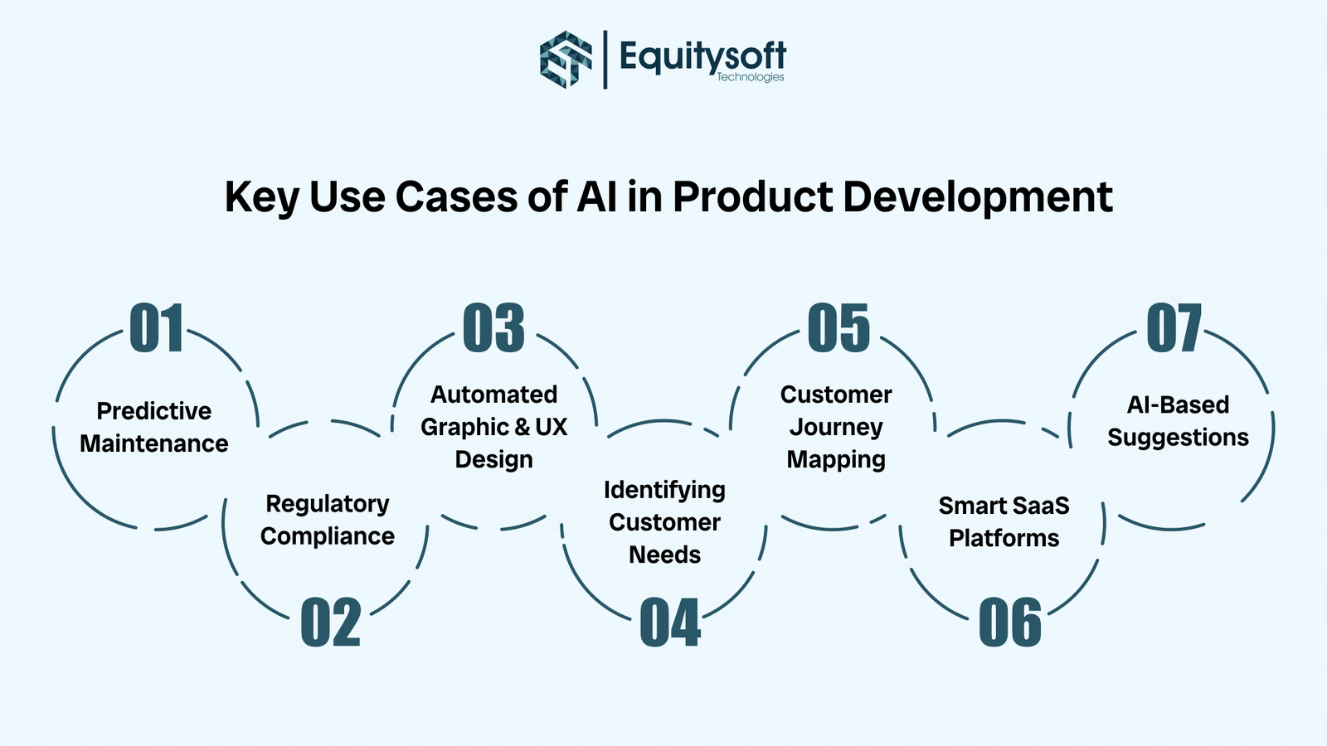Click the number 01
tap(156, 328)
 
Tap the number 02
tap(330, 622)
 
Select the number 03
tap(493, 328)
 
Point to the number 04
tap(670, 622)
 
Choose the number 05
tap(838, 328)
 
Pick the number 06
tap(1009, 622)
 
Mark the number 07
tap(1174, 328)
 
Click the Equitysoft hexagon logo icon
tap(566, 59)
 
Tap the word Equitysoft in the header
tap(702, 56)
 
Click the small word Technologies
tap(750, 77)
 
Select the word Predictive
tap(153, 411)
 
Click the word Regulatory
tap(327, 504)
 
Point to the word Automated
tap(493, 395)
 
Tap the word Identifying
tap(664, 490)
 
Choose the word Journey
tap(836, 428)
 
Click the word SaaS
tap(1041, 506)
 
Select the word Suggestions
tap(1178, 438)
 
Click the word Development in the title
tap(977, 197)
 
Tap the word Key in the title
tap(262, 197)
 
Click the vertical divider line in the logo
tap(605, 59)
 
